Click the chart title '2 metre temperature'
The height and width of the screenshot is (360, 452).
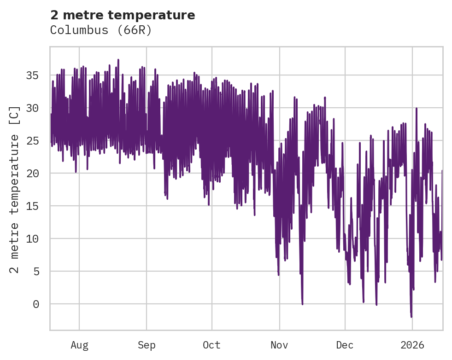(123, 15)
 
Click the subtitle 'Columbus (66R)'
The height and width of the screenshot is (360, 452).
(101, 30)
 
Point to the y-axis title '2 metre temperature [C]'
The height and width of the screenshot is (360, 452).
(15, 190)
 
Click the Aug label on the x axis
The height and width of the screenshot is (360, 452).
(79, 345)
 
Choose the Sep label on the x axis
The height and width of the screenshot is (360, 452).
(147, 345)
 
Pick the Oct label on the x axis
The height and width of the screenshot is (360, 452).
(212, 345)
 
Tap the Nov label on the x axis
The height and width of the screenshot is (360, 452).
(279, 345)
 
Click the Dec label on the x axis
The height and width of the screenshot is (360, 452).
(345, 345)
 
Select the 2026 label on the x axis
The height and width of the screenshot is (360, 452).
(412, 345)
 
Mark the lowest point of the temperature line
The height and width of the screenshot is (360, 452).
(411, 317)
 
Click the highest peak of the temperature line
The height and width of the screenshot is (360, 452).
(118, 59)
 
